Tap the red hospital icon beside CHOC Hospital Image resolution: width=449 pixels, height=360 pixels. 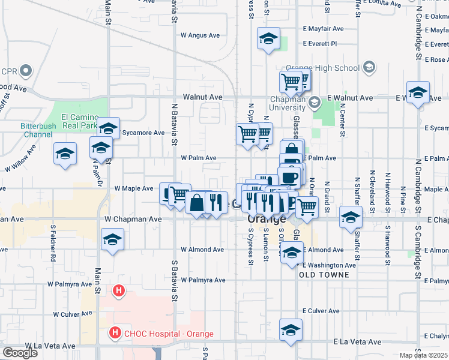click(113, 332)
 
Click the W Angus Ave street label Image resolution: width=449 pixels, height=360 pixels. click(200, 35)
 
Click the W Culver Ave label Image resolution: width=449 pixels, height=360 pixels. click(73, 313)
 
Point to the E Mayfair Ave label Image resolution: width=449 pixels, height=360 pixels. click(323, 28)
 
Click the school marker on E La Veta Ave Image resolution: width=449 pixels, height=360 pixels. click(291, 331)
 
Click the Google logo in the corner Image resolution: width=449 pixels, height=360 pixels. click(20, 353)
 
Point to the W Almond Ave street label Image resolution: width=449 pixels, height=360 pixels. click(202, 250)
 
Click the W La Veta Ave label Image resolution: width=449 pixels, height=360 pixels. click(52, 346)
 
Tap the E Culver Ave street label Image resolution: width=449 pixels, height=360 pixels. click(321, 311)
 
